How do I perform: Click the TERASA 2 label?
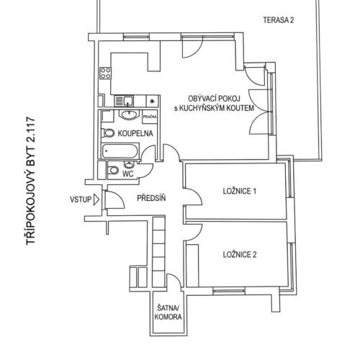pyautogui.click(x=279, y=20)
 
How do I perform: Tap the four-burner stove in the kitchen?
pyautogui.click(x=105, y=73)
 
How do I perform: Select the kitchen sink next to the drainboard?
pyautogui.click(x=128, y=101)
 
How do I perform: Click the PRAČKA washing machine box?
pyautogui.click(x=150, y=117)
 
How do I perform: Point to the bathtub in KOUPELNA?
pyautogui.click(x=120, y=151)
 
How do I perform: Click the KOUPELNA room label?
pyautogui.click(x=135, y=133)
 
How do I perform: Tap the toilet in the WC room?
pyautogui.click(x=113, y=170)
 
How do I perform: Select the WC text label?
pyautogui.click(x=128, y=174)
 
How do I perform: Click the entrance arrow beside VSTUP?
pyautogui.click(x=96, y=199)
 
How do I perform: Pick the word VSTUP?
pyautogui.click(x=81, y=199)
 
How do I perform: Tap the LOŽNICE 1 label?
pyautogui.click(x=240, y=192)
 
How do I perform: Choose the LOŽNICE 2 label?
pyautogui.click(x=240, y=254)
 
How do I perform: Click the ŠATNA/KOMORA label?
pyautogui.click(x=168, y=312)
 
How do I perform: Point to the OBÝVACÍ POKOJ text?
pyautogui.click(x=214, y=99)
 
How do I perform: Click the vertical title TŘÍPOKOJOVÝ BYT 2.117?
pyautogui.click(x=31, y=181)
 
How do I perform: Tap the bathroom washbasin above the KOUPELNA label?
pyautogui.click(x=130, y=115)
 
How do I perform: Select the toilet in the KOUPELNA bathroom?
pyautogui.click(x=108, y=133)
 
